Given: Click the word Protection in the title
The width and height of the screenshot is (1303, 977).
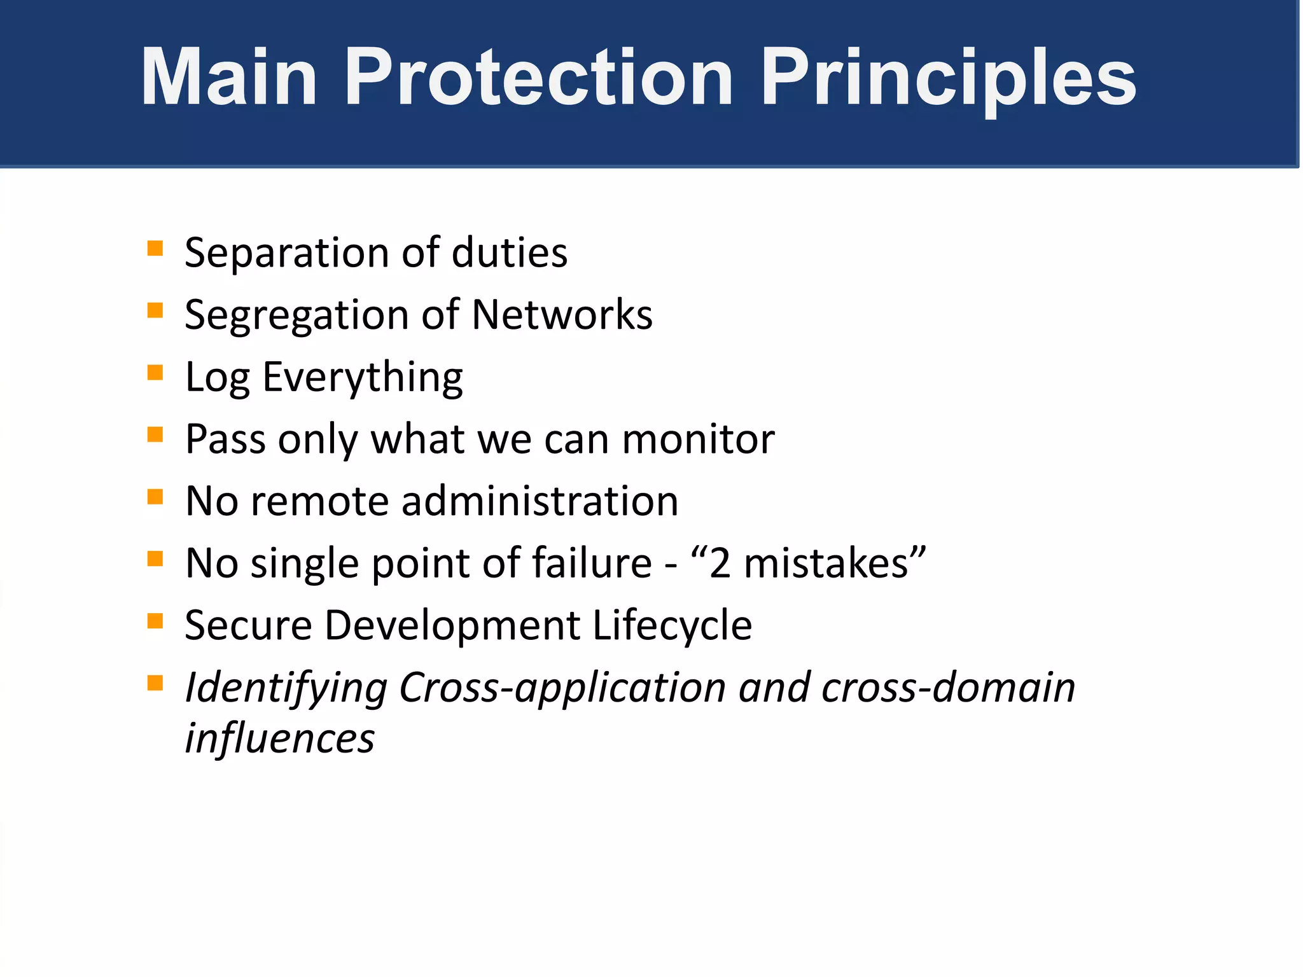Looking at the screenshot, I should tap(539, 78).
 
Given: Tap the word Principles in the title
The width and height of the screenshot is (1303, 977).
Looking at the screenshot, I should tap(948, 78).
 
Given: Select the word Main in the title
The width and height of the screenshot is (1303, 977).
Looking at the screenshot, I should tap(229, 78).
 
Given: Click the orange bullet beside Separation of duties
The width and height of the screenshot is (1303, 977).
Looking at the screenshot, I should tap(155, 248).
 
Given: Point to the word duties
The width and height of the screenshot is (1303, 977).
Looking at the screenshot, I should tap(509, 253).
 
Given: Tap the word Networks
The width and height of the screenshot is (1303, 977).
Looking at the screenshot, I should tap(562, 314).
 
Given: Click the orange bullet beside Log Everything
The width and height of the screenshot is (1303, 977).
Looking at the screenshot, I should tap(155, 372).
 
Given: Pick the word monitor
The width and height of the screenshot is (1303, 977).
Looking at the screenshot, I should tap(698, 439).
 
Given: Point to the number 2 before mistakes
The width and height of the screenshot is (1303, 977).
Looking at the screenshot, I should tap(720, 564).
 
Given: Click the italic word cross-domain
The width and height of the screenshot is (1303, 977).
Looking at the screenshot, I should tap(948, 688).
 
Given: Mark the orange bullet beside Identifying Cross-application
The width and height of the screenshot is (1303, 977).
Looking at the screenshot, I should tap(155, 683).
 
